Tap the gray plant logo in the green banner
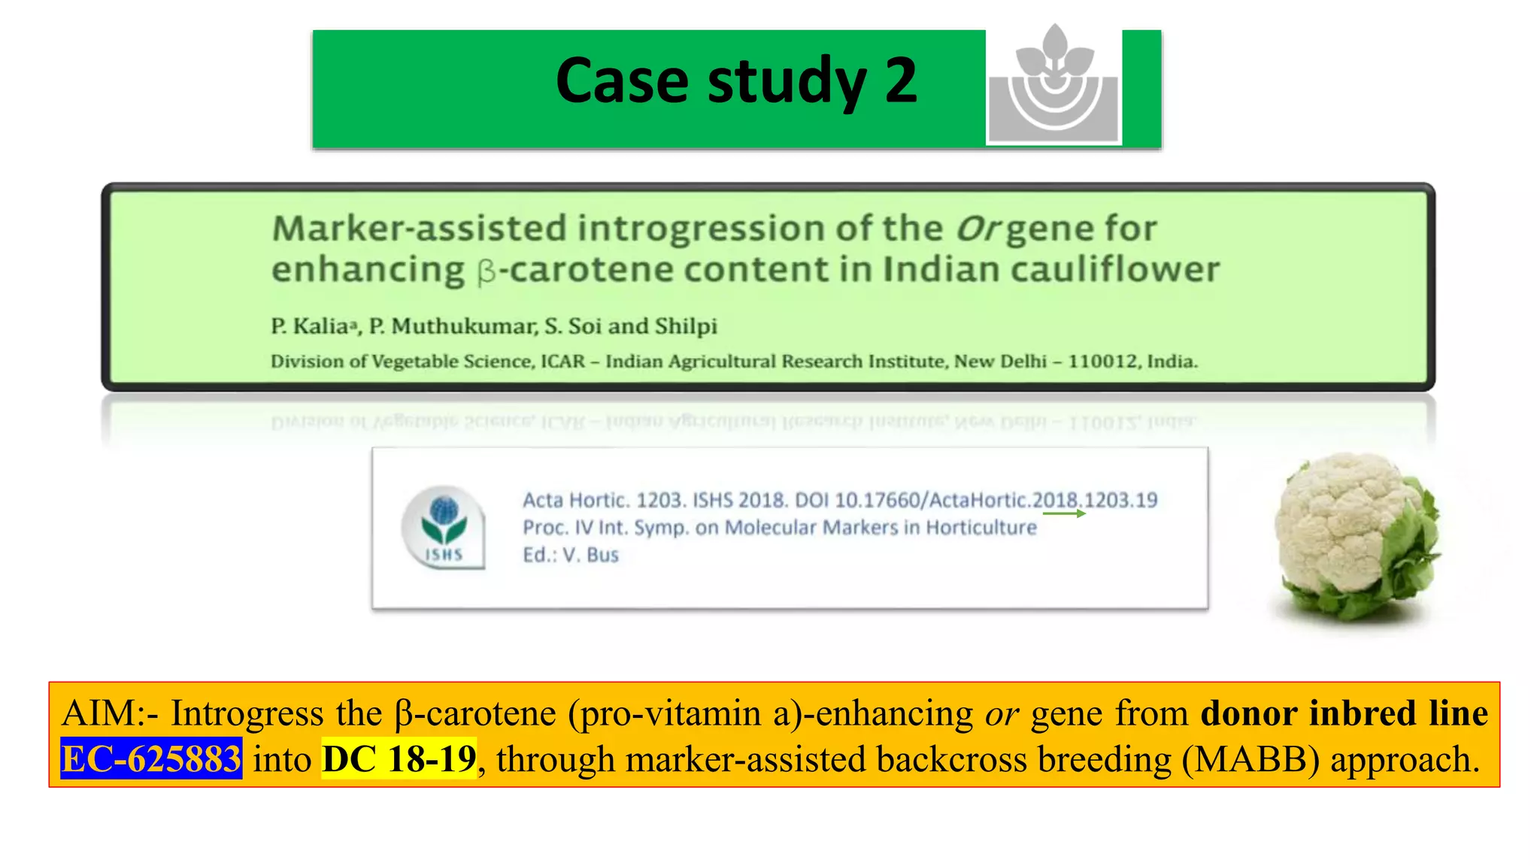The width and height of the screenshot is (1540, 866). (x=1053, y=86)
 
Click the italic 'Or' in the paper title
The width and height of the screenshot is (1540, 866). (x=978, y=229)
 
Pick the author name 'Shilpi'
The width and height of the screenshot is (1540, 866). (x=686, y=326)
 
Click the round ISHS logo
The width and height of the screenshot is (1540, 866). (x=443, y=527)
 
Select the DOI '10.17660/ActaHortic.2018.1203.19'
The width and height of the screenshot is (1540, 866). (x=996, y=500)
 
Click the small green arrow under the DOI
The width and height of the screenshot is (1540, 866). (x=1064, y=513)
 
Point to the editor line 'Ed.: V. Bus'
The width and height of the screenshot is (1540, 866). (x=571, y=555)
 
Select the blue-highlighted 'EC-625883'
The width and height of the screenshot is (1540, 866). (x=151, y=759)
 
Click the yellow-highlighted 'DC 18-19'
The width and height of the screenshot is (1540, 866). (x=399, y=759)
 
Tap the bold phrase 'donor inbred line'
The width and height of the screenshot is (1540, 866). (x=1344, y=713)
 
